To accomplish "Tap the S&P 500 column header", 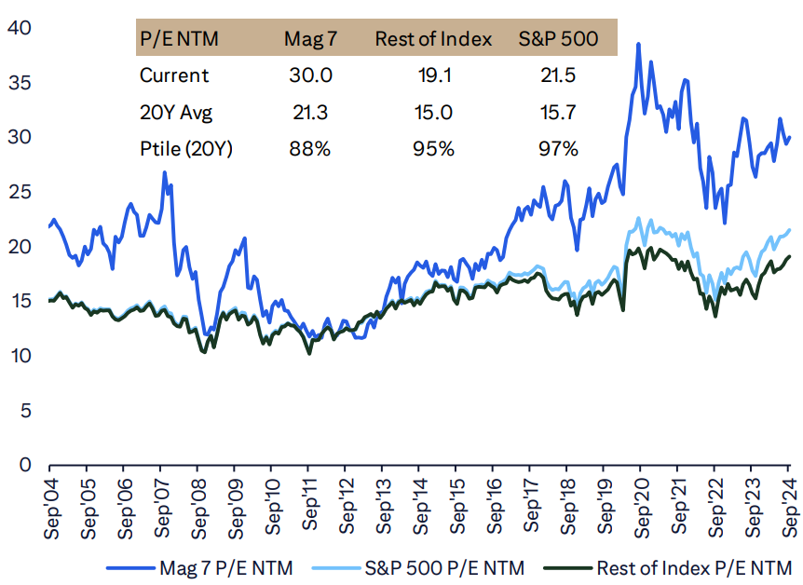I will tap(557, 39).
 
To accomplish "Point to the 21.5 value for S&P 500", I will tap(557, 75).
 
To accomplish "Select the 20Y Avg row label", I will tap(176, 112).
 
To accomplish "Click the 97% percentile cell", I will tap(557, 148).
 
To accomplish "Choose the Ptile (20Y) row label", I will tap(184, 148).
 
